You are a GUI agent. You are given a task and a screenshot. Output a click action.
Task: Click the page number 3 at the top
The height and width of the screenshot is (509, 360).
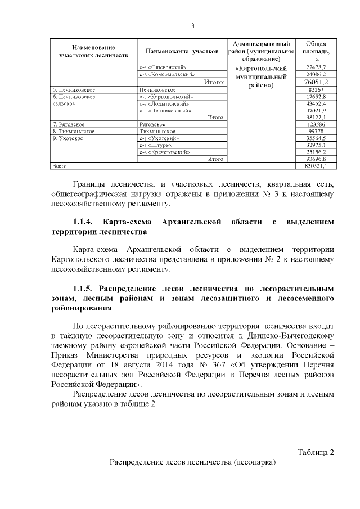[192, 26]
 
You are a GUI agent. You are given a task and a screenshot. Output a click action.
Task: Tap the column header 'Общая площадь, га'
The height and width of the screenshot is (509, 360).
[316, 51]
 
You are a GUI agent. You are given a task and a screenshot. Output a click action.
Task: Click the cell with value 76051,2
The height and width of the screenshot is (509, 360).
[316, 82]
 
